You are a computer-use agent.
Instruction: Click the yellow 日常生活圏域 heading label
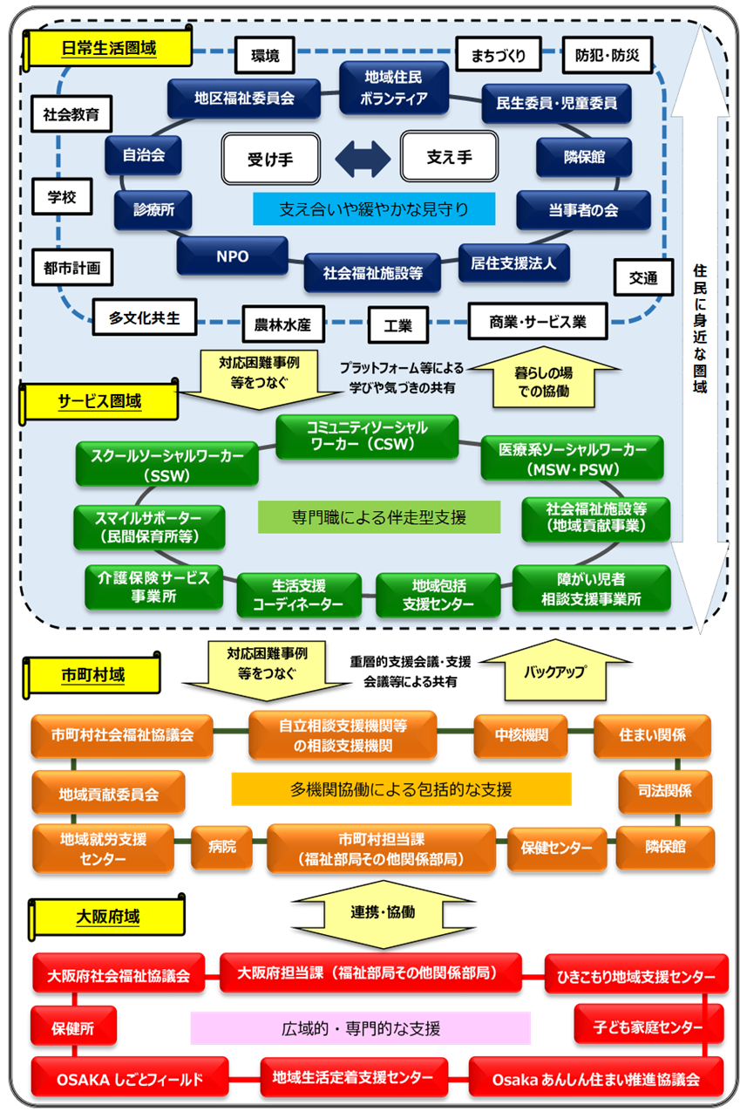(x=110, y=49)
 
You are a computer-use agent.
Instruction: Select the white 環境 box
(x=265, y=56)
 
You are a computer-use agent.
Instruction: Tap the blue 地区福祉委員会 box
(x=244, y=99)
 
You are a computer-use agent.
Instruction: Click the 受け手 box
(x=270, y=158)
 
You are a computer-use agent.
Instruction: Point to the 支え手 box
(x=449, y=157)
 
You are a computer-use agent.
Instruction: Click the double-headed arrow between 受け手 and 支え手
(x=360, y=159)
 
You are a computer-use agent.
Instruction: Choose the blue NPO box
(x=233, y=256)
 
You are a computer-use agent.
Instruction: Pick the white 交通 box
(x=643, y=277)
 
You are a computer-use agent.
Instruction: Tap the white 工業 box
(x=397, y=327)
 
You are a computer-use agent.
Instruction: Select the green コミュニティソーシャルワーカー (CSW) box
(x=366, y=436)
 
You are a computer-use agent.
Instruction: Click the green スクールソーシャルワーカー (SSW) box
(x=167, y=463)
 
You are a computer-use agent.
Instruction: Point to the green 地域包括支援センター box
(x=438, y=595)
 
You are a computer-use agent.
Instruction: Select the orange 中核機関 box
(x=521, y=735)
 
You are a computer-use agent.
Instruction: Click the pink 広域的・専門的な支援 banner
(x=360, y=1028)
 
